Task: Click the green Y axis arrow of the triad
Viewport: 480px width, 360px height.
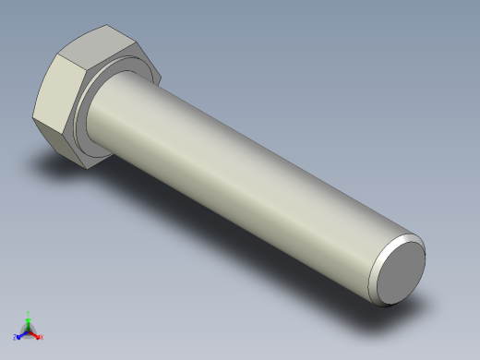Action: (29, 319)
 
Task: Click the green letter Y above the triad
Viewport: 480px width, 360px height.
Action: (29, 313)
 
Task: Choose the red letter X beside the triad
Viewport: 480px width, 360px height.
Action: (42, 337)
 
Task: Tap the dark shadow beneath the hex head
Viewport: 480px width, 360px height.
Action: (55, 166)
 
